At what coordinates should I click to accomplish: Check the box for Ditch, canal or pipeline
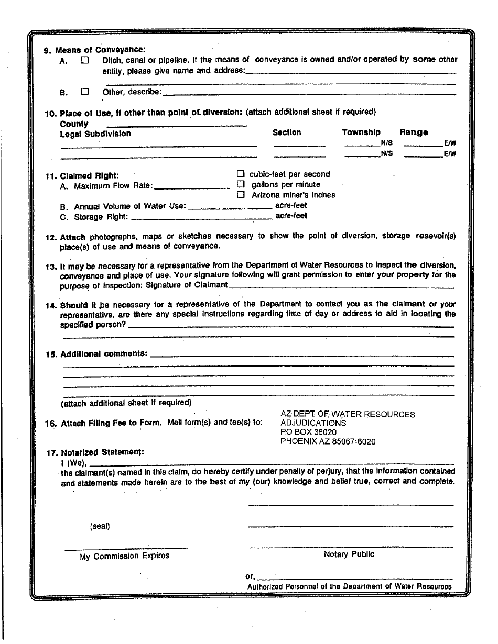click(x=85, y=60)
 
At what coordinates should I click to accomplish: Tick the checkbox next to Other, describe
click(x=85, y=92)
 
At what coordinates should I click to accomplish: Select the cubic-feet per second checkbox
click(x=241, y=174)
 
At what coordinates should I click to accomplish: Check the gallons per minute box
click(x=241, y=184)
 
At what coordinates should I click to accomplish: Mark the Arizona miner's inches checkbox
click(x=241, y=195)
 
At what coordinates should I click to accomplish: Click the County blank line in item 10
click(x=177, y=125)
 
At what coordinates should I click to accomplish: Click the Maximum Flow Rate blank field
click(x=192, y=187)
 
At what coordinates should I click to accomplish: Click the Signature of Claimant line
click(x=341, y=287)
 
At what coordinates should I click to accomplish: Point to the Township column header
click(x=361, y=132)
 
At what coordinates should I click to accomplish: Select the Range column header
click(x=414, y=132)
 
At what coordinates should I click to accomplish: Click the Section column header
click(x=287, y=132)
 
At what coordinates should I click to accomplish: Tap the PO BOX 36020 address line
click(x=308, y=432)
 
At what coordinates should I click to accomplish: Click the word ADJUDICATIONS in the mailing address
click(x=313, y=423)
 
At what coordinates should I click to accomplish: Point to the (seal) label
click(x=100, y=526)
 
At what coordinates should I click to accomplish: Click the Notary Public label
click(x=349, y=554)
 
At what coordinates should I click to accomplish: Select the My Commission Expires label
click(x=124, y=556)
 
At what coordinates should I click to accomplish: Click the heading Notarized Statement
click(x=102, y=452)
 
